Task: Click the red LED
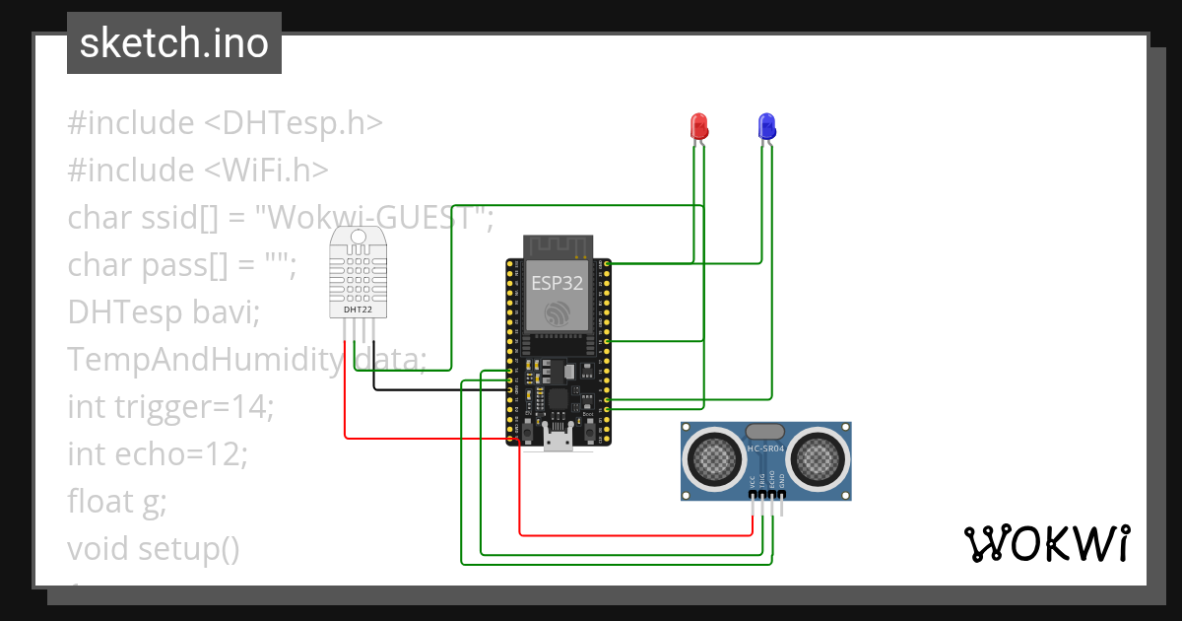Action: point(699,126)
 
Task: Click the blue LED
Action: point(766,126)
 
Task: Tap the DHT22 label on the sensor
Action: point(358,310)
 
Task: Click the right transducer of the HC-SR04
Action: point(817,455)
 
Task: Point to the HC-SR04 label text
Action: point(765,449)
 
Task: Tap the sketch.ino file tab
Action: point(174,43)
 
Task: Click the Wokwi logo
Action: point(1045,543)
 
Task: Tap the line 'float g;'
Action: point(117,501)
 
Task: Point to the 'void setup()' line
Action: point(154,548)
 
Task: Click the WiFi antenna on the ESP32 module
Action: point(558,244)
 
